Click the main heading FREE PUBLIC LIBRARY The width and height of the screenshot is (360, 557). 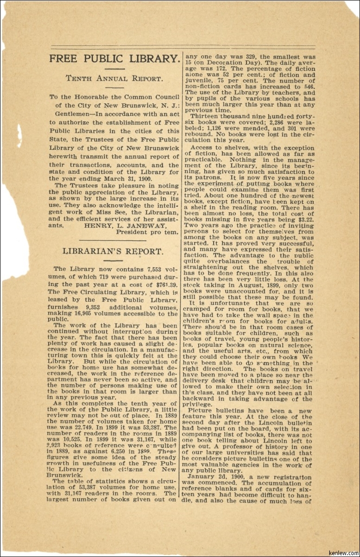click(x=114, y=59)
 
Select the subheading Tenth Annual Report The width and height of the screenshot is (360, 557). click(x=114, y=78)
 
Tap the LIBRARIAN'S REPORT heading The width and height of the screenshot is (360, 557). click(x=113, y=252)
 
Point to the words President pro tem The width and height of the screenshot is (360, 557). click(x=147, y=232)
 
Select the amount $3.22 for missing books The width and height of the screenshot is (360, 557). click(x=304, y=220)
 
